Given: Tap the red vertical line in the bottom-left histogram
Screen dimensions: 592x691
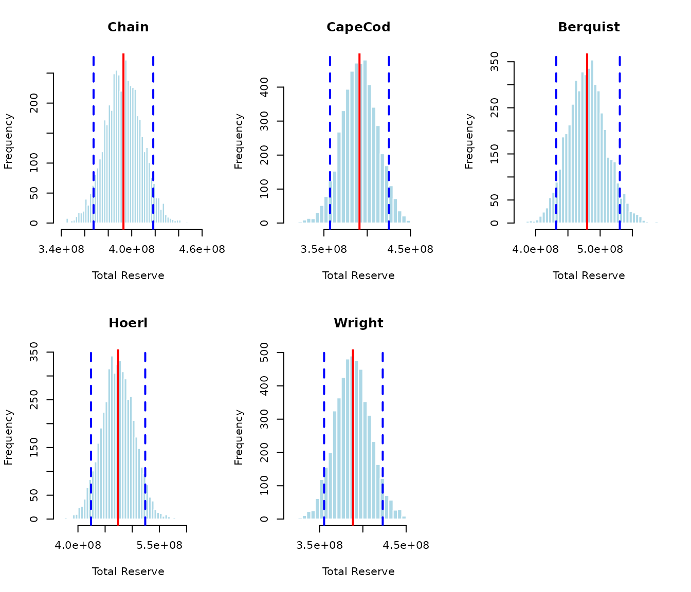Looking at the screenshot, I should (x=118, y=437).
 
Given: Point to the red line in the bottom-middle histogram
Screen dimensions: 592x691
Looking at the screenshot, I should (x=353, y=437).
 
